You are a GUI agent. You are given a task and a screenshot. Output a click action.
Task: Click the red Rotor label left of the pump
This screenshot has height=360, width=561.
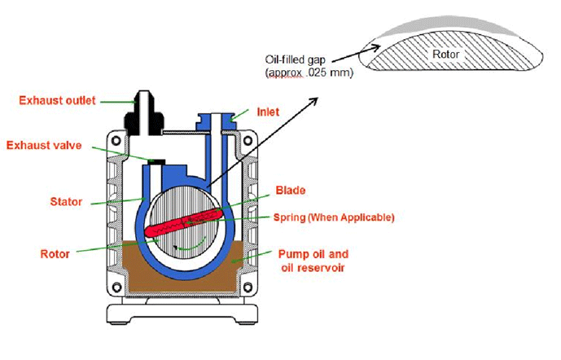pos(57,253)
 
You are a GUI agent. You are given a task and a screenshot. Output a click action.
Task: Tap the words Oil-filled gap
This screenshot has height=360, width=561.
pos(296,59)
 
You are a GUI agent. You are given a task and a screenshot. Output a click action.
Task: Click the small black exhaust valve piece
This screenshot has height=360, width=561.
pos(152,159)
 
